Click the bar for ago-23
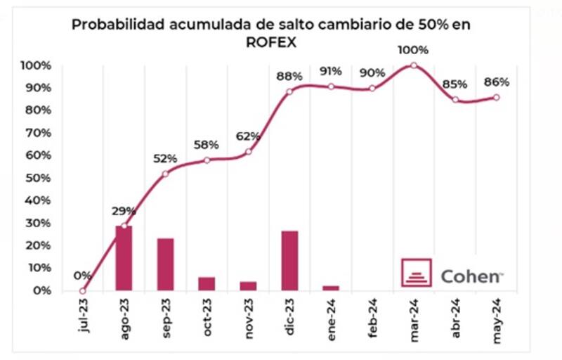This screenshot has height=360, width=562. pyautogui.click(x=124, y=257)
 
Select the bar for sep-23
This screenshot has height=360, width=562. pyautogui.click(x=165, y=264)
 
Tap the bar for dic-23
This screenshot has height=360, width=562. pyautogui.click(x=289, y=259)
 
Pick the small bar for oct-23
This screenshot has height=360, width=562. pyautogui.click(x=207, y=283)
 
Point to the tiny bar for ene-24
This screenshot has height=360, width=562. pyautogui.click(x=331, y=288)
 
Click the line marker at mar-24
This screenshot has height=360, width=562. pyautogui.click(x=413, y=65)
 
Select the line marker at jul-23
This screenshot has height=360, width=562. pyautogui.click(x=82, y=290)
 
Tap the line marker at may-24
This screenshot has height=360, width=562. pyautogui.click(x=496, y=97)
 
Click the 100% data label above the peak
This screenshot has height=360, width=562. pyautogui.click(x=413, y=51)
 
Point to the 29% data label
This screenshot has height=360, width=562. pyautogui.click(x=123, y=211)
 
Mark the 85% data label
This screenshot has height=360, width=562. pyautogui.click(x=455, y=85)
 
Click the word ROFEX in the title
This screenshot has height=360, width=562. pyautogui.click(x=270, y=41)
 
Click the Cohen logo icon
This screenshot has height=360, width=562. pyautogui.click(x=417, y=273)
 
